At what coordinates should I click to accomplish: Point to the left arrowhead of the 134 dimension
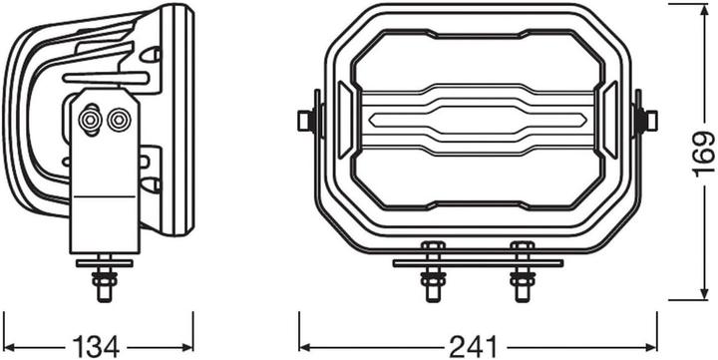[8, 345]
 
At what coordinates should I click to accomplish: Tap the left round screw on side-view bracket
[90, 120]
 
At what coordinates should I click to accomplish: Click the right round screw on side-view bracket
[120, 120]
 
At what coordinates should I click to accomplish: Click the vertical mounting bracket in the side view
[105, 180]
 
